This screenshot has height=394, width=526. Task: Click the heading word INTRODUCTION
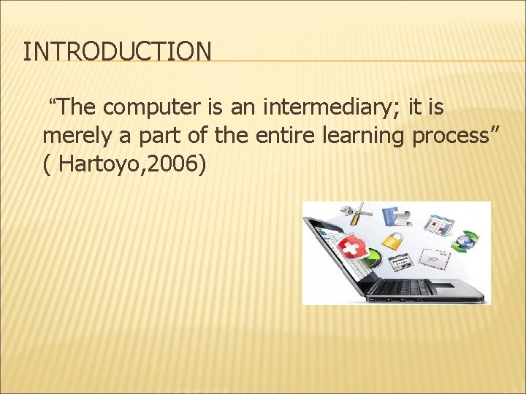click(117, 52)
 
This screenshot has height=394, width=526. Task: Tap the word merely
click(73, 136)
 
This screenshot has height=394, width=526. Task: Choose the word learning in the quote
click(351, 136)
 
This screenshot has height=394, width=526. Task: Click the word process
click(453, 136)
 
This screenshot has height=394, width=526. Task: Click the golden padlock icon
click(392, 240)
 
